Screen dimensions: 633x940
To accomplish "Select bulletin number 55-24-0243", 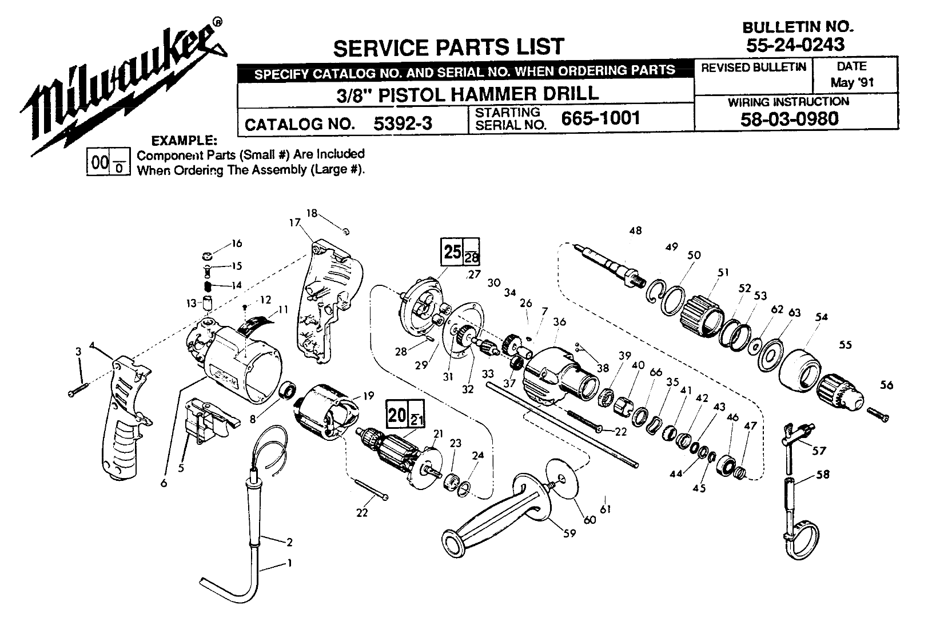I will pos(795,43).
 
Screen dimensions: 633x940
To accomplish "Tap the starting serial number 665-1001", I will pos(600,118).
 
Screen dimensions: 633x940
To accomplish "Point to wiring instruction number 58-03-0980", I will pos(788,119).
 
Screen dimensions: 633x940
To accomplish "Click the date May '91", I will pos(852,82).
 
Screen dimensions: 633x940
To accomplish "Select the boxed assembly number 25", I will pos(452,250).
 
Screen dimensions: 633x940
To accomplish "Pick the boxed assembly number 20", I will pos(397,414).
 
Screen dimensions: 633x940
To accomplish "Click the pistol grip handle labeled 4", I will pos(126,417).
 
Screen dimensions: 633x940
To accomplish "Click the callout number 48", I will pos(635,230).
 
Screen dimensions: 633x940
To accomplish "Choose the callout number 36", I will pos(560,322).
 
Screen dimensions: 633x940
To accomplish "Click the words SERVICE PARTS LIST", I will pos(448,47).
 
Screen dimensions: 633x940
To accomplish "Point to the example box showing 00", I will pos(99,163).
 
